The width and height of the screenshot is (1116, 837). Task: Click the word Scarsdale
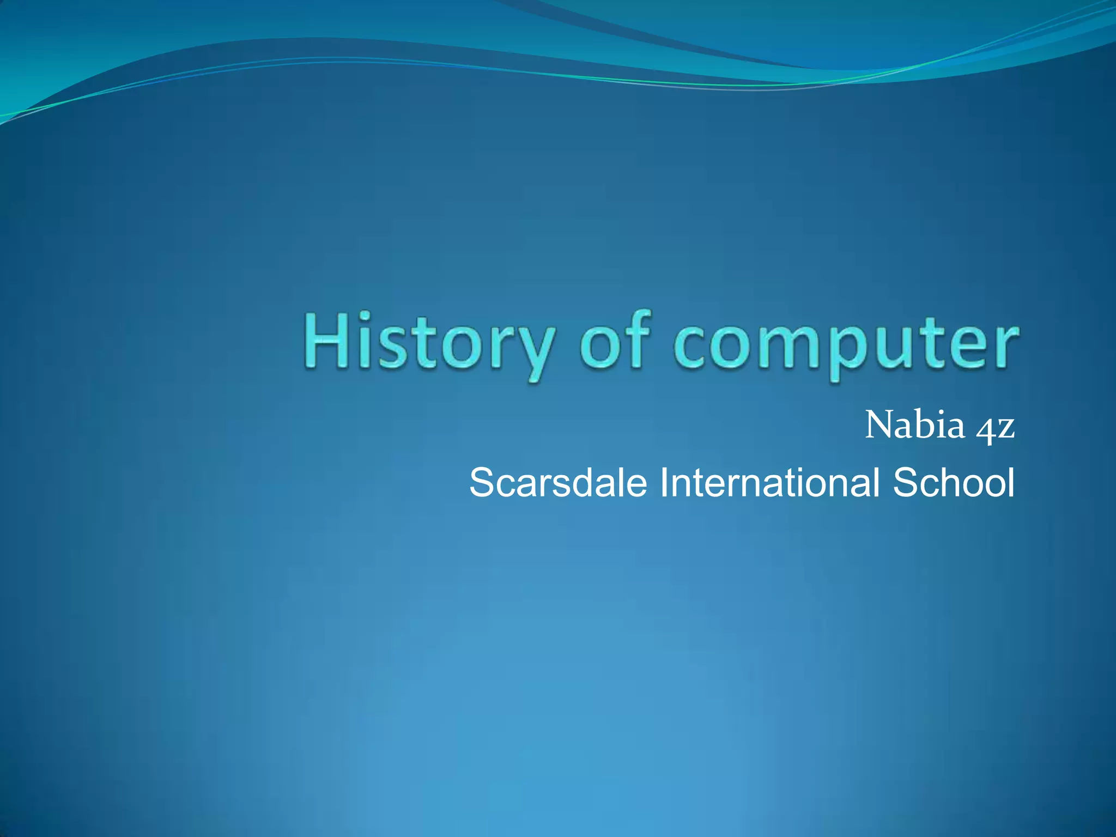tap(557, 483)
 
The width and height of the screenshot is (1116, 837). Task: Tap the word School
tap(954, 483)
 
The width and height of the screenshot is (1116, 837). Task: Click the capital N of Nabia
tap(878, 424)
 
